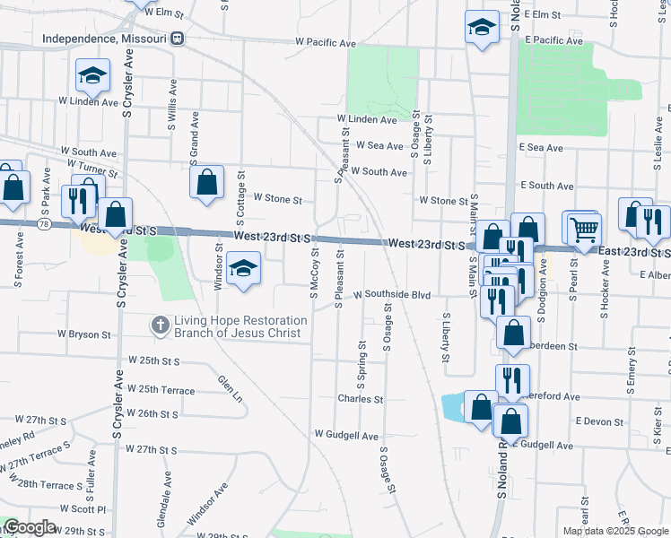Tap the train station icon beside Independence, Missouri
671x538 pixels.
[x=178, y=39]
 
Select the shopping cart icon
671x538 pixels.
[x=584, y=229]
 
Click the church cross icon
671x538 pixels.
[x=161, y=325]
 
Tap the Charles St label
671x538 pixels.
[x=360, y=399]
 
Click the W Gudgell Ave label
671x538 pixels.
[x=346, y=435]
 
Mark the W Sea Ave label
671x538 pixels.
[x=379, y=144]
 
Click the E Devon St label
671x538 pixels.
[x=599, y=421]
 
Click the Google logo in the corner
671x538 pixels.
[x=30, y=527]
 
